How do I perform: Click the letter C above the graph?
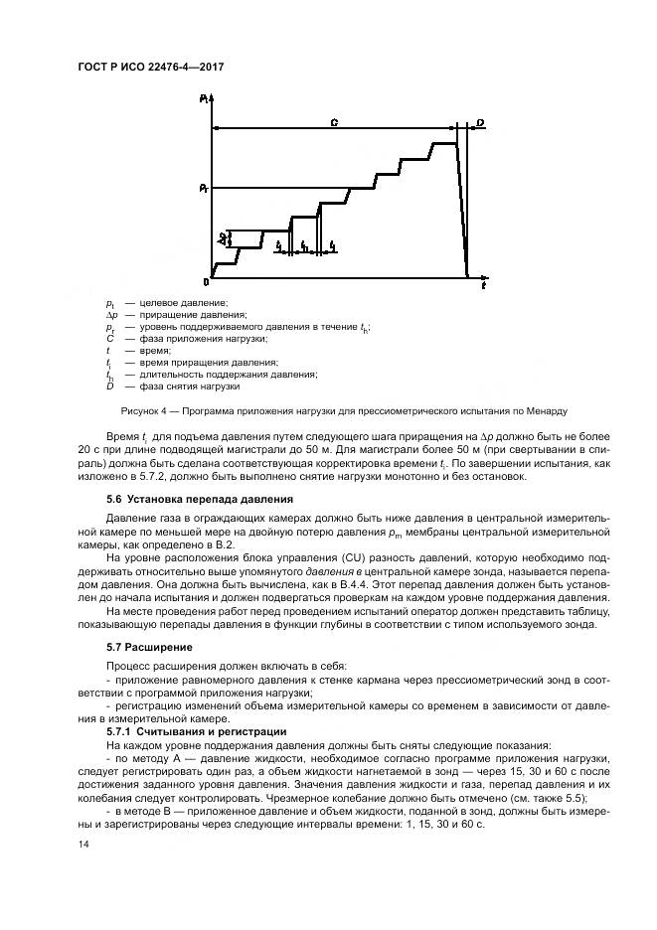334,121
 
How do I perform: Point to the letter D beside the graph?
480,122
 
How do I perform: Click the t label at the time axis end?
482,286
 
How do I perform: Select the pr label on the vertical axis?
203,187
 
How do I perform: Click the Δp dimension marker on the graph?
223,238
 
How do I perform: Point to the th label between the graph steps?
304,244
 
